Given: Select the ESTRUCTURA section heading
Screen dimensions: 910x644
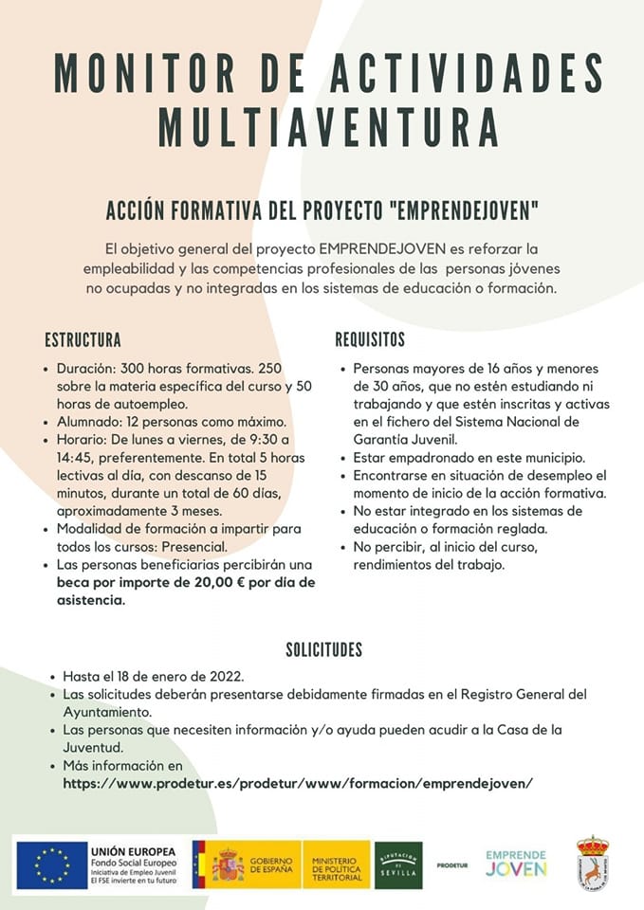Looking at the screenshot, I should coord(83,340).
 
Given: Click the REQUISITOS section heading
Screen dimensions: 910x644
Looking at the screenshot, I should coord(370,340).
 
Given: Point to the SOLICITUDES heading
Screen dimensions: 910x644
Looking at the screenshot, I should coord(324,650).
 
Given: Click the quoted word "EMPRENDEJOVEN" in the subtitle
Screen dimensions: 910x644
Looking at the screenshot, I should coord(458,207).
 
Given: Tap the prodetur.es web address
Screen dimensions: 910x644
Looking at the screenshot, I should coord(298,783).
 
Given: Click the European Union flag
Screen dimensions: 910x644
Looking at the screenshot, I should coord(51,864).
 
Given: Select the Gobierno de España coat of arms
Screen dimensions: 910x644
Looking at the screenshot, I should coord(228,864).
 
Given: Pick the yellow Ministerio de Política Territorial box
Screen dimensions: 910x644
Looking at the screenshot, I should coord(337,864).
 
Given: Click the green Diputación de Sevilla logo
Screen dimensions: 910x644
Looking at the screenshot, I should coord(398,864).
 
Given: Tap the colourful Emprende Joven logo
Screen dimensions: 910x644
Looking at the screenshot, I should coord(516,863).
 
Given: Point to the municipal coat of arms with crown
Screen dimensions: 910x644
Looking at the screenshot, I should coord(593,863).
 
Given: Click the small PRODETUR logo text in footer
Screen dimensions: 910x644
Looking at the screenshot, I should coord(452,865).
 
